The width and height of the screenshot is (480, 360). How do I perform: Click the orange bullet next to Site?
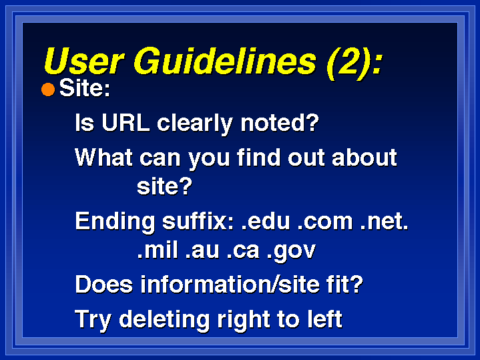point(48,89)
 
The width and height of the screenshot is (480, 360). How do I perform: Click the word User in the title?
point(84,61)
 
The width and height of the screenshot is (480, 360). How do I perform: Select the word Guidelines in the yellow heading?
point(225,61)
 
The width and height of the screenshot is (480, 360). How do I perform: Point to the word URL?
point(126,123)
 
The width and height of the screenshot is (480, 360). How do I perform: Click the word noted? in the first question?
point(280,123)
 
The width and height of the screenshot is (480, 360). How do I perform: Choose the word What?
point(104,158)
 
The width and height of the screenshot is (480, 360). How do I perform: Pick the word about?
point(365,157)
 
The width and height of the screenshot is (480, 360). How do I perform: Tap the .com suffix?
point(325,222)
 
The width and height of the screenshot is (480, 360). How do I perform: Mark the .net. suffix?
point(384,222)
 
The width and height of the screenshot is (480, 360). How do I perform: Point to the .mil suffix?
point(158,250)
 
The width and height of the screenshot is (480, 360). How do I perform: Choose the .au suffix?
point(202,251)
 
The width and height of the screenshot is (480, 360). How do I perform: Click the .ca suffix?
point(243,251)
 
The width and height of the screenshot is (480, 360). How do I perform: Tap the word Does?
point(104,285)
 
